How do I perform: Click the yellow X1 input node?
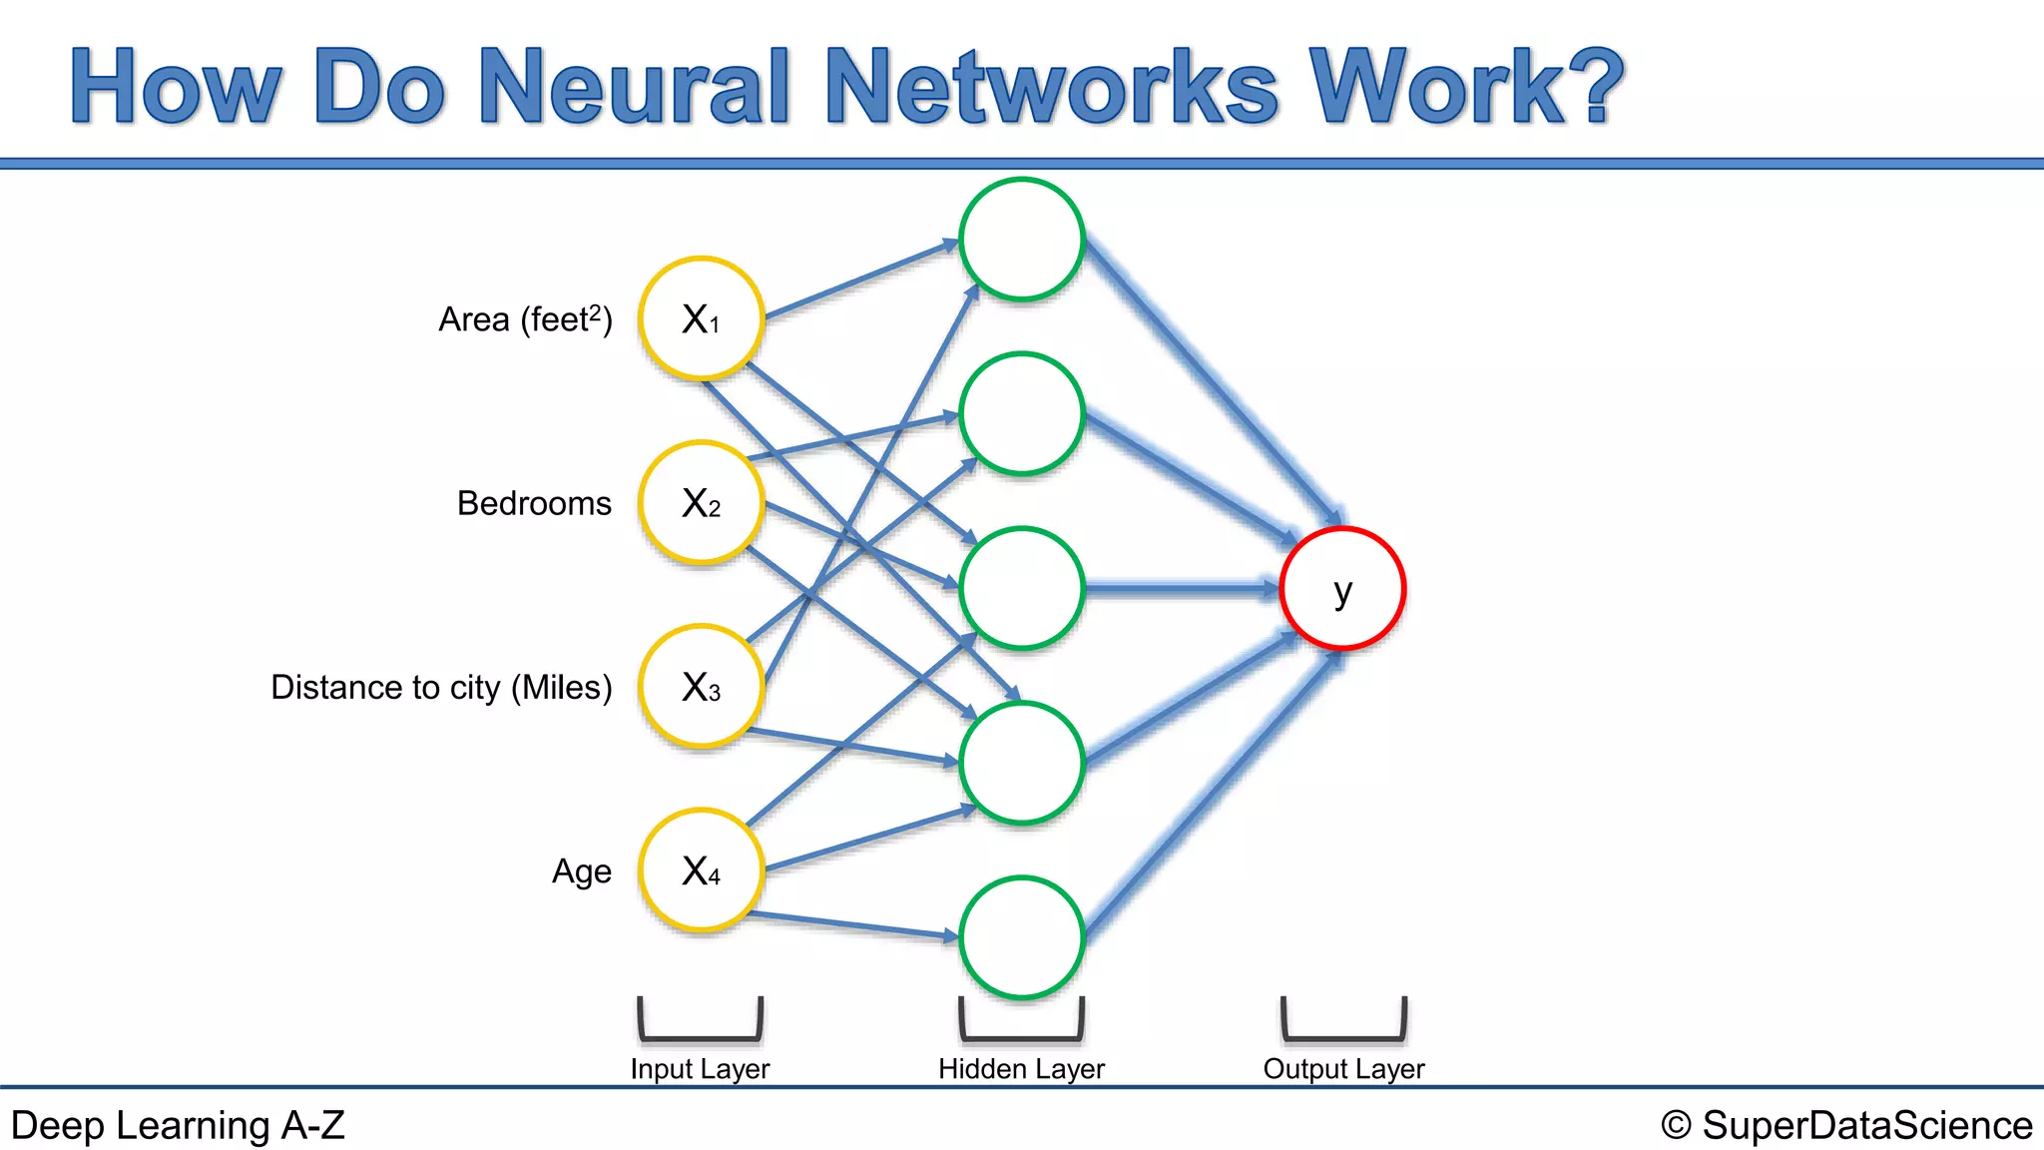(x=702, y=319)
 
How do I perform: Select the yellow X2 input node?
(x=702, y=503)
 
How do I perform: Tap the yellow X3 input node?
(x=702, y=687)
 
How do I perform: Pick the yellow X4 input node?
(x=702, y=870)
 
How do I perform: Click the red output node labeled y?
(x=1343, y=589)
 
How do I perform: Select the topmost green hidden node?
(x=1022, y=240)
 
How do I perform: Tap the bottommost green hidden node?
(x=1022, y=937)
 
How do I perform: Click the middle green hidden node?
(x=1022, y=589)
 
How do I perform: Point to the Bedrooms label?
(x=534, y=503)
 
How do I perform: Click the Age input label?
(x=582, y=871)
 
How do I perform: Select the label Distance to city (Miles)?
(x=441, y=687)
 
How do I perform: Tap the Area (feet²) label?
(x=525, y=319)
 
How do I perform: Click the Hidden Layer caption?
(x=1021, y=1069)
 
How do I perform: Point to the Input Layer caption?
(x=700, y=1069)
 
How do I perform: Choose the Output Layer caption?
(x=1343, y=1069)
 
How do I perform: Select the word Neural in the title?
(x=636, y=87)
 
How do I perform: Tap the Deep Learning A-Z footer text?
(x=178, y=1125)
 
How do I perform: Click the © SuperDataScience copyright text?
(x=1846, y=1125)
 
